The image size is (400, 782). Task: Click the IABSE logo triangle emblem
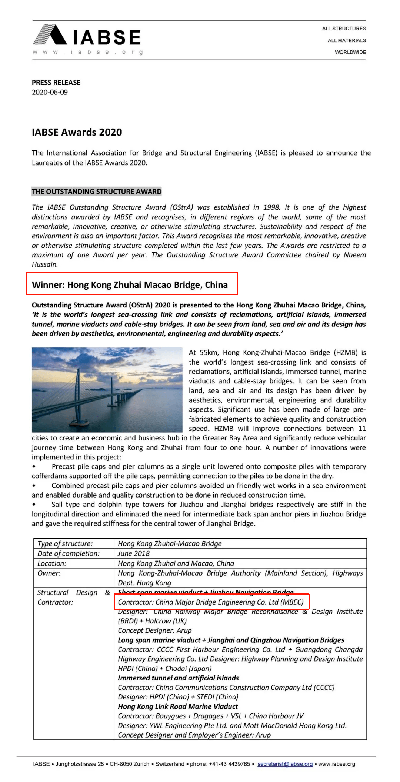(x=51, y=35)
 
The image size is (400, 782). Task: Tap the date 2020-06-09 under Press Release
(x=50, y=92)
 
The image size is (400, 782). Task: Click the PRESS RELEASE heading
(x=56, y=82)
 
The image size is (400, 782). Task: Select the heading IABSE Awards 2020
(x=77, y=132)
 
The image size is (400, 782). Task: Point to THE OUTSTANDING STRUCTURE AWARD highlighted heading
(x=97, y=192)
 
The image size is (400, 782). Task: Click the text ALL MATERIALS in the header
(x=347, y=40)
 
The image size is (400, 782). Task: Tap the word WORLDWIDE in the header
(x=350, y=52)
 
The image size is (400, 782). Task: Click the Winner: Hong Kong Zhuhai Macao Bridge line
(x=130, y=284)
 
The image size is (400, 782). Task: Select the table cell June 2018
(x=134, y=553)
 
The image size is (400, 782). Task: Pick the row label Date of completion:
(x=69, y=553)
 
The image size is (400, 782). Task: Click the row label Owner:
(x=49, y=573)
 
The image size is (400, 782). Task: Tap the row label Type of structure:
(x=65, y=543)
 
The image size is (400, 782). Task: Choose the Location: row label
(x=52, y=563)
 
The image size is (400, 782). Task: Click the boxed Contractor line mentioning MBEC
(x=211, y=602)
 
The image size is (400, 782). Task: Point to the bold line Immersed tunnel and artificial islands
(x=178, y=678)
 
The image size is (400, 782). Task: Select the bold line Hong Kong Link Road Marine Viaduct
(x=178, y=706)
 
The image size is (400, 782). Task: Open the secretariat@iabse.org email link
(x=285, y=764)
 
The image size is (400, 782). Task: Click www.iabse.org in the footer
(x=337, y=764)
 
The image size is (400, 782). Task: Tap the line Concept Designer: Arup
(x=154, y=630)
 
